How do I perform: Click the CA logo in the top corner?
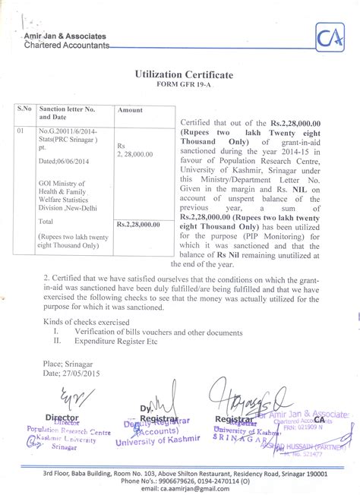(x=328, y=35)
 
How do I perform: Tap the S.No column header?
(x=25, y=110)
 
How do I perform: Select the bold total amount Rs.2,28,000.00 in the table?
(x=138, y=224)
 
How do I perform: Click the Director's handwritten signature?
(x=62, y=399)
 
